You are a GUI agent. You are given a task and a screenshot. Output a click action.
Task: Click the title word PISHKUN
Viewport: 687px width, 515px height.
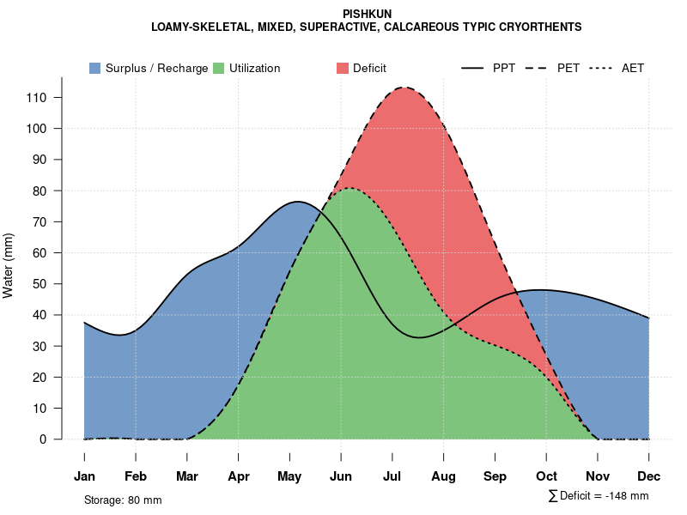(x=367, y=14)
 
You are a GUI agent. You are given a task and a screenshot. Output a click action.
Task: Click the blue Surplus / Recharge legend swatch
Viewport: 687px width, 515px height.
(x=94, y=68)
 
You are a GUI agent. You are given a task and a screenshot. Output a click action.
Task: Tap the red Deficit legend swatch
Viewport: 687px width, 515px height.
(x=343, y=68)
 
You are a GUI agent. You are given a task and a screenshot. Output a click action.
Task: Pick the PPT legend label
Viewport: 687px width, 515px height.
(x=504, y=68)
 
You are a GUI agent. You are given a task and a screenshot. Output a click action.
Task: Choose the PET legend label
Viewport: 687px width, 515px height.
(x=568, y=68)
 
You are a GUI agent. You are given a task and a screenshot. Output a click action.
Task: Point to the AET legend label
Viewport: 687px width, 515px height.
(x=633, y=68)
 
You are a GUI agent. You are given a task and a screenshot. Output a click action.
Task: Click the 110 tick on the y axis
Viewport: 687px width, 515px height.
(x=41, y=98)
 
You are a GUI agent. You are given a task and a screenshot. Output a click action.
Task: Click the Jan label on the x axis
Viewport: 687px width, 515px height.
(x=84, y=476)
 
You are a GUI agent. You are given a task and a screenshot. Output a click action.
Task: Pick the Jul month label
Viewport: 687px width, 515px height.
(x=392, y=476)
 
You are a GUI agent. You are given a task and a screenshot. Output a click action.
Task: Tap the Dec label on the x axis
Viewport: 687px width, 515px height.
(x=649, y=476)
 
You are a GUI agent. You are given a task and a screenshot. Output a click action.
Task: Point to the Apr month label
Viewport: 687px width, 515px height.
(x=239, y=476)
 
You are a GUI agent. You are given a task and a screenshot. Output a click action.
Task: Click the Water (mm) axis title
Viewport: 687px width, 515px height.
(x=9, y=265)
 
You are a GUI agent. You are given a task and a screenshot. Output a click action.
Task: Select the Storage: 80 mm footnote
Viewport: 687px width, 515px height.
(x=123, y=500)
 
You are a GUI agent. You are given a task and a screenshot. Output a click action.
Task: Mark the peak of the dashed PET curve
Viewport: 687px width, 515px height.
(x=404, y=88)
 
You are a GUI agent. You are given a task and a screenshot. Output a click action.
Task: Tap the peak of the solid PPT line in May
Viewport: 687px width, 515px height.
(x=297, y=202)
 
